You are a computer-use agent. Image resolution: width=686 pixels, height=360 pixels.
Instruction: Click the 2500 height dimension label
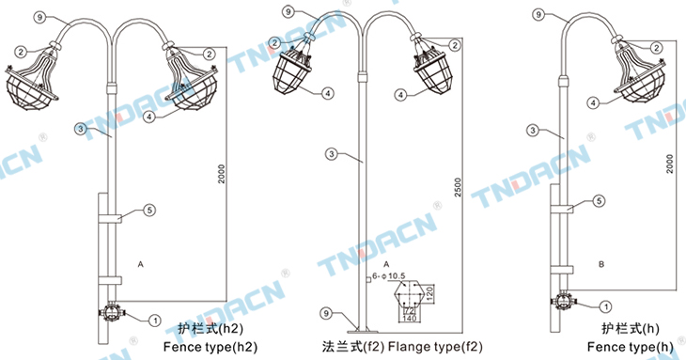point(458,187)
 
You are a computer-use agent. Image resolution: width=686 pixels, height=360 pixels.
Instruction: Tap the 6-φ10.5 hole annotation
point(388,276)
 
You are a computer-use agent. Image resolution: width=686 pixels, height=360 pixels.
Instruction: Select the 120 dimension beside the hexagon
point(429,293)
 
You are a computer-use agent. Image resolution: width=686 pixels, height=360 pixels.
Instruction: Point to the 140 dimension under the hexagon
point(410,319)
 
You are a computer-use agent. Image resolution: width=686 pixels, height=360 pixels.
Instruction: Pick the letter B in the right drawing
point(601,264)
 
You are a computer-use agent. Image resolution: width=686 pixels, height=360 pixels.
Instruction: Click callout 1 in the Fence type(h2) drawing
point(154,321)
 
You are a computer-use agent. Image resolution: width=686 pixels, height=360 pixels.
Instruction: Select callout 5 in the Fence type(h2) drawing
point(149,211)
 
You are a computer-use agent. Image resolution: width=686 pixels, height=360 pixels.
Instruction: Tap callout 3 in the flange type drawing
point(332,154)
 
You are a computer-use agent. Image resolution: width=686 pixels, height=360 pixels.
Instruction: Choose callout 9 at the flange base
point(326,313)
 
